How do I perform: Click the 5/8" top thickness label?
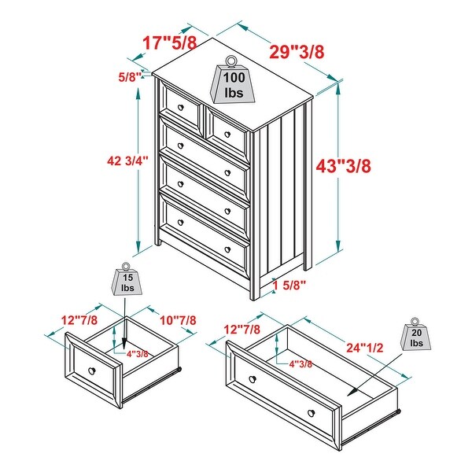tap(129, 76)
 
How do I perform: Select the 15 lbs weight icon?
tap(127, 281)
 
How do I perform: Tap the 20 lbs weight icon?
tap(416, 336)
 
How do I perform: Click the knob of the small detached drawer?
tap(92, 371)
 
